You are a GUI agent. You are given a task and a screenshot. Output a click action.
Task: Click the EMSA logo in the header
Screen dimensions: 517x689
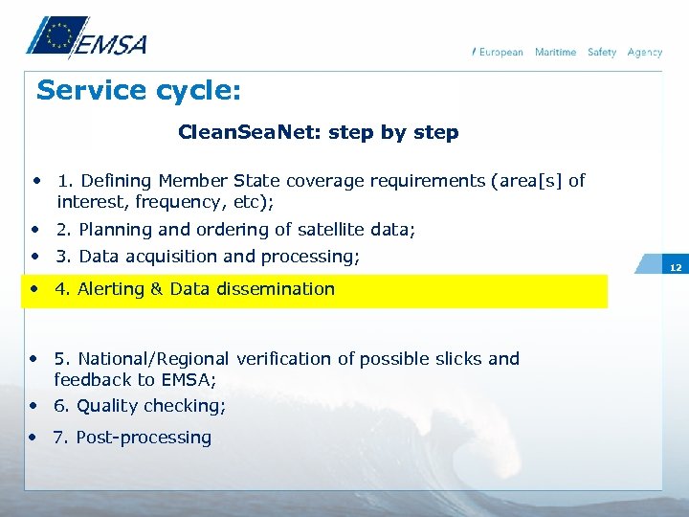pyautogui.click(x=85, y=39)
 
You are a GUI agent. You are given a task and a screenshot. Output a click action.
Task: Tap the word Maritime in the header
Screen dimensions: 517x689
pyautogui.click(x=555, y=52)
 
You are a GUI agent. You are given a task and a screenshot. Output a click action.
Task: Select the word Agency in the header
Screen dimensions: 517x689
pyautogui.click(x=644, y=52)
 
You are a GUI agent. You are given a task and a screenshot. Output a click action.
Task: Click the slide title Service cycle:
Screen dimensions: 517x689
pyautogui.click(x=139, y=92)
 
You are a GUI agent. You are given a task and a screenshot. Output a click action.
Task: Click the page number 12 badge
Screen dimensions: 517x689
pyautogui.click(x=676, y=267)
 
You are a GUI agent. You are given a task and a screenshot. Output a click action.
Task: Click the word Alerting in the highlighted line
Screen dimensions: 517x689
pyautogui.click(x=111, y=289)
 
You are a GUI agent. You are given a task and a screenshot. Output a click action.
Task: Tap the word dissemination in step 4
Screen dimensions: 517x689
pyautogui.click(x=275, y=289)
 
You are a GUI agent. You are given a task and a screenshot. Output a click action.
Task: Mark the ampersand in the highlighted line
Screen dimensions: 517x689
pyautogui.click(x=157, y=289)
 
